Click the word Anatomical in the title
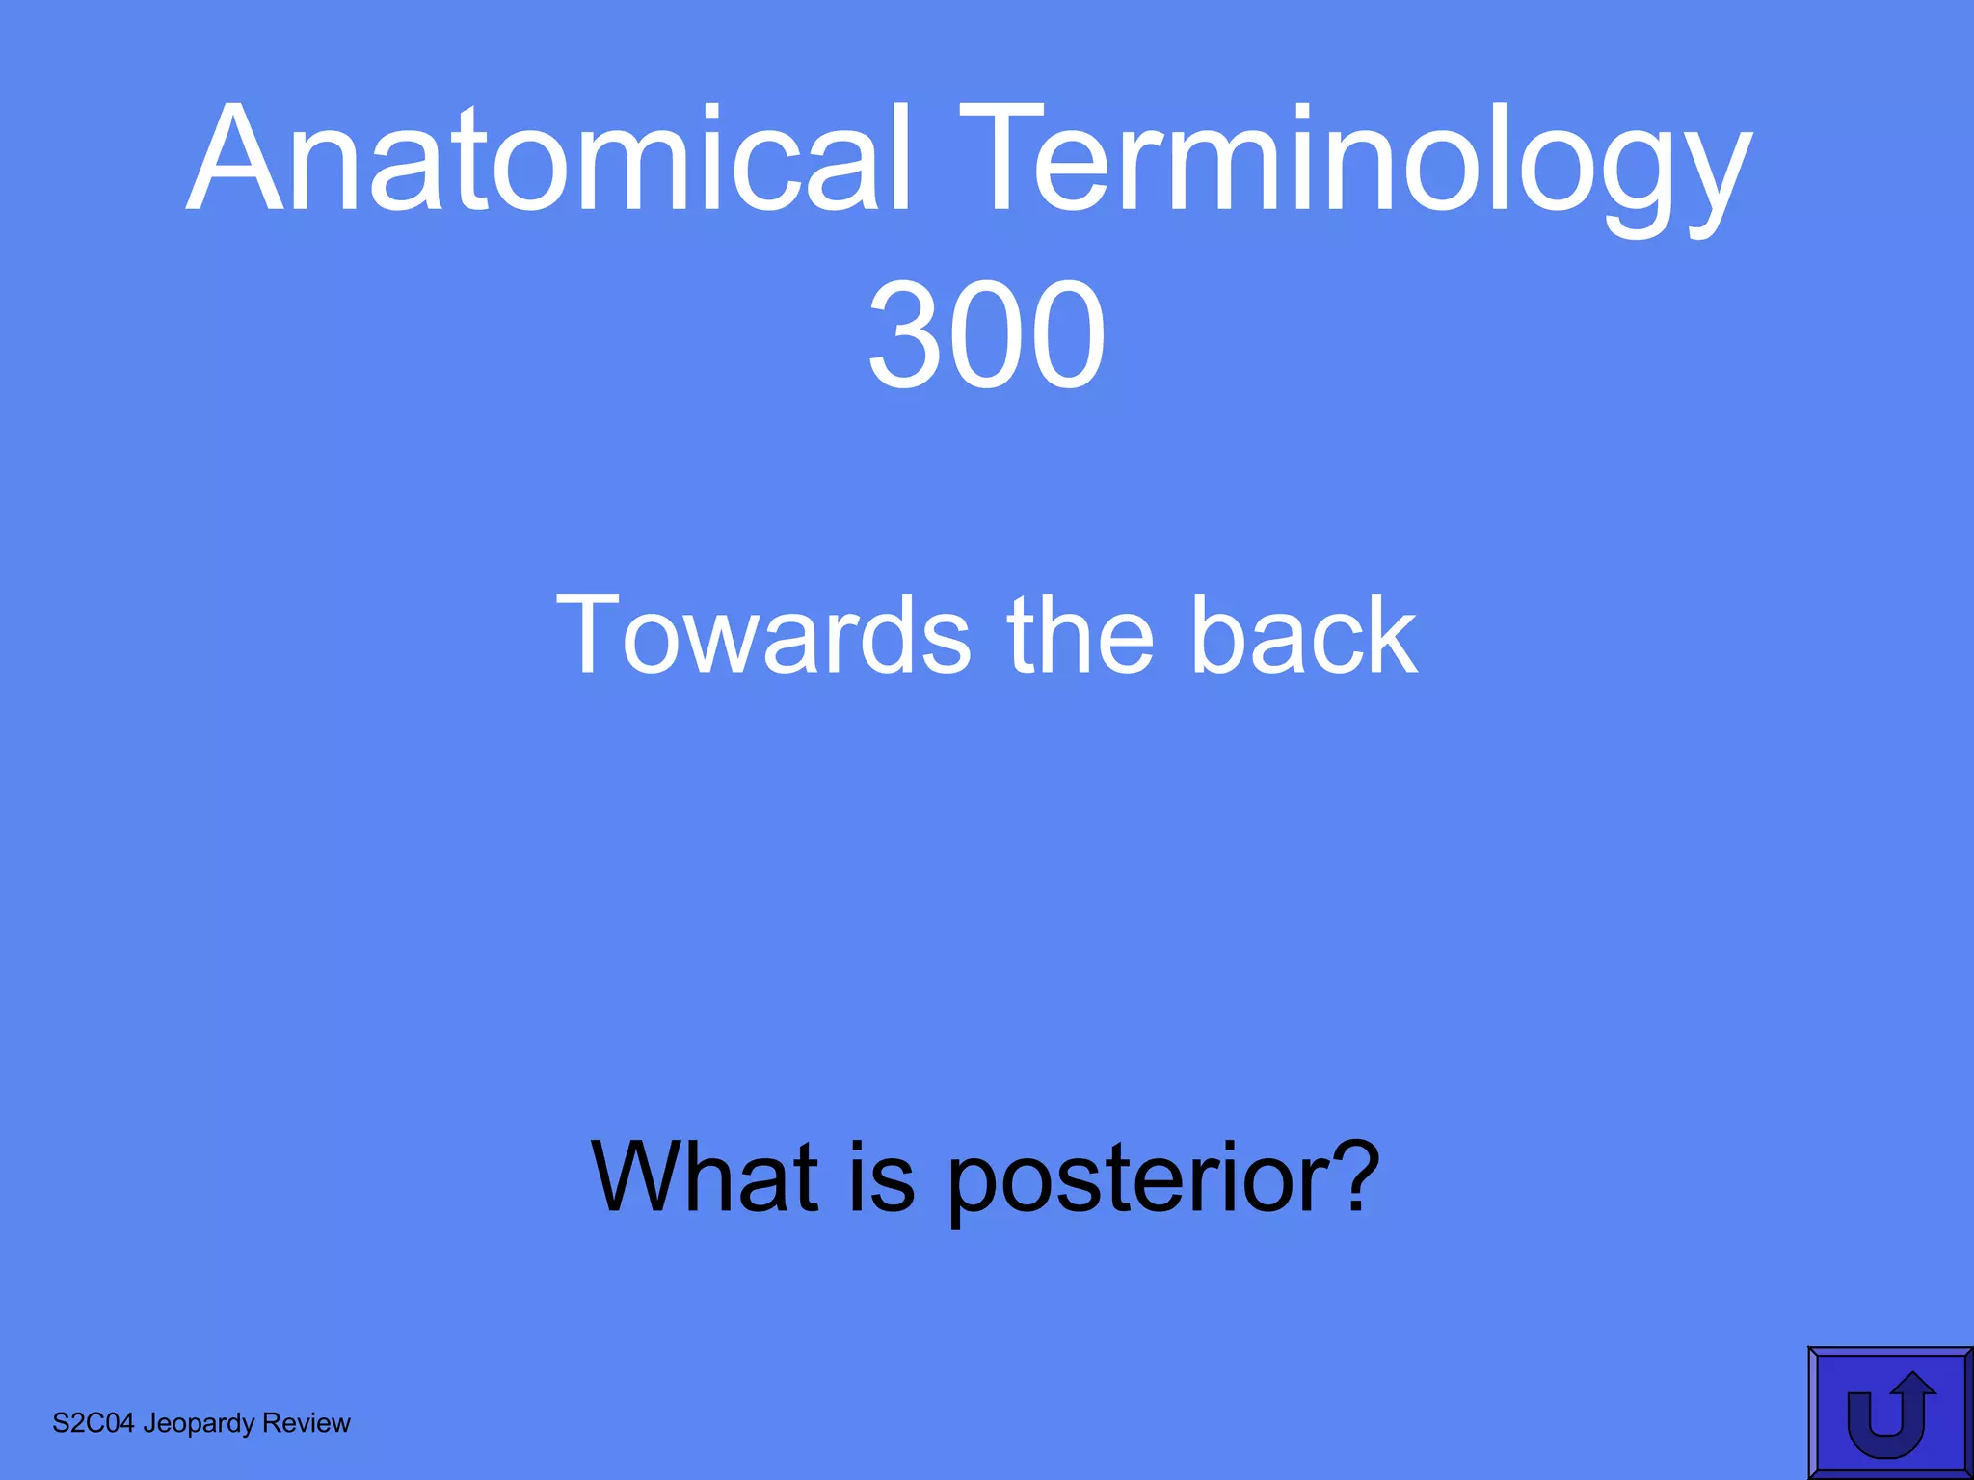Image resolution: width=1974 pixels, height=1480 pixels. click(549, 159)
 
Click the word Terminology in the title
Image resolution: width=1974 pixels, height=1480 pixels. click(1354, 164)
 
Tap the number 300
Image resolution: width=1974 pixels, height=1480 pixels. click(986, 335)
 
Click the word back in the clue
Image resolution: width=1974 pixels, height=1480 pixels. click(1303, 635)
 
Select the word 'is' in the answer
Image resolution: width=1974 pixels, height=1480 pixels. click(881, 1176)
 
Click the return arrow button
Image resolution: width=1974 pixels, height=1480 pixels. click(1889, 1413)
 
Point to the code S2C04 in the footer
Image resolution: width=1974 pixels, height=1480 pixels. click(93, 1423)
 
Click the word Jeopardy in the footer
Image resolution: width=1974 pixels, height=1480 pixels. click(199, 1424)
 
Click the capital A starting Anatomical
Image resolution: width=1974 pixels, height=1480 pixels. click(239, 159)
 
